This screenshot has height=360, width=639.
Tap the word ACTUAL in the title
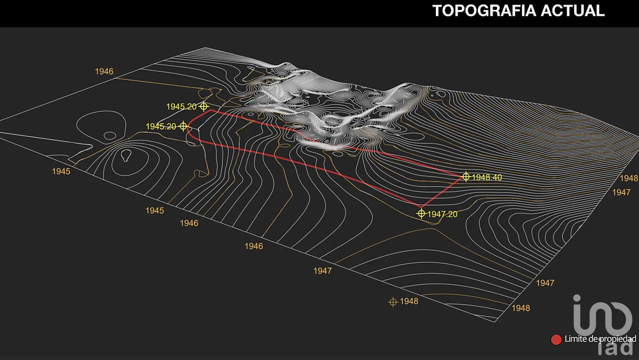tap(572, 11)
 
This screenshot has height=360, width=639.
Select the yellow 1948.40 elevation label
tap(487, 178)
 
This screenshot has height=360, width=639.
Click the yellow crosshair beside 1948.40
tap(465, 177)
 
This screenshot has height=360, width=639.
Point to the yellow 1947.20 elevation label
tap(442, 214)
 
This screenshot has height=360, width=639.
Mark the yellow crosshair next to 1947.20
tap(421, 214)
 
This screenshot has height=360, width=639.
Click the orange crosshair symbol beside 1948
tap(393, 302)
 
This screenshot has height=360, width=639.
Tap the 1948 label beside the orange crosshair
tap(409, 301)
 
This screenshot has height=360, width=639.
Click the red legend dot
tap(556, 339)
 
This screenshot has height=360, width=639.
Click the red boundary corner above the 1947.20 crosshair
tap(421, 207)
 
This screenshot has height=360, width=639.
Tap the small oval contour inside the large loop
tap(110, 136)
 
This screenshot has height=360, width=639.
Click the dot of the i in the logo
tap(577, 298)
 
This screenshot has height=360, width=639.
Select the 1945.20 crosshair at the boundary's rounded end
tap(183, 126)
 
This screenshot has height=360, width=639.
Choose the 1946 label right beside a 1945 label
tap(189, 223)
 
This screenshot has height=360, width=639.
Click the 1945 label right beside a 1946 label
tap(155, 211)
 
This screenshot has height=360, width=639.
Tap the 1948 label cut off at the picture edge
tap(629, 179)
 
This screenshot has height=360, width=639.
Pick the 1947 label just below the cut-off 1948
tap(621, 192)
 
